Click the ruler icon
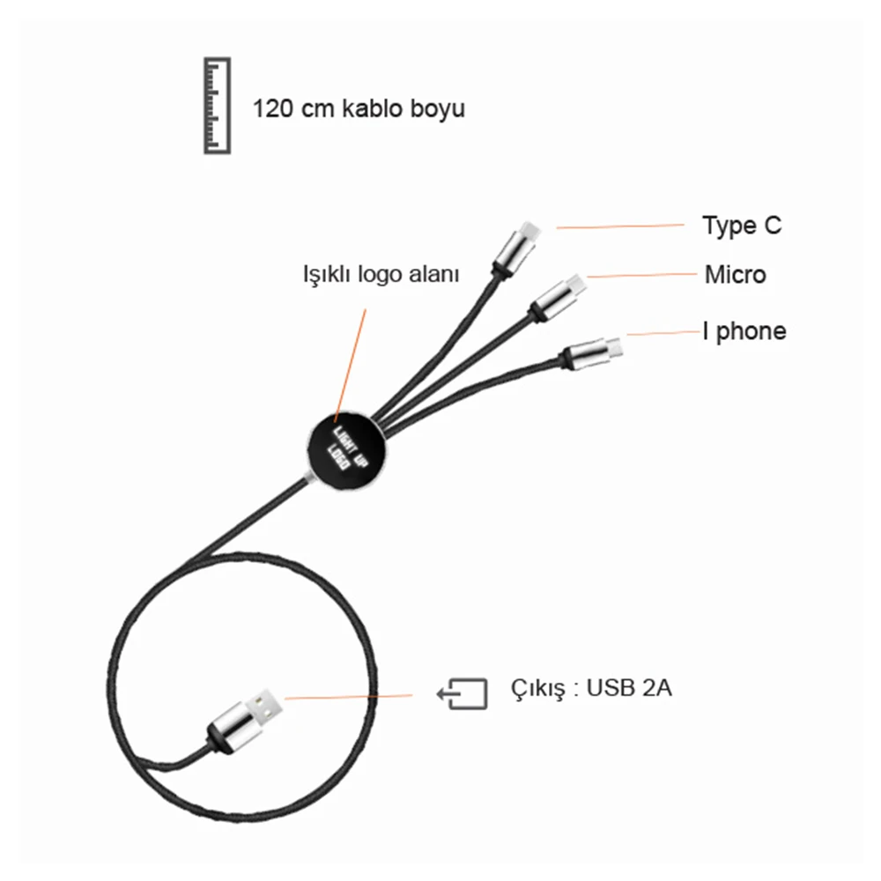point(217,106)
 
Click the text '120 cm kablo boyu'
point(359,109)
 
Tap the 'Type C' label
point(741,226)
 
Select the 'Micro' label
point(735,275)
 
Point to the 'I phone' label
point(744,331)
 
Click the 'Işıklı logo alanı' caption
point(381,274)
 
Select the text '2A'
point(656,688)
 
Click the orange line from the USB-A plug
point(348,698)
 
